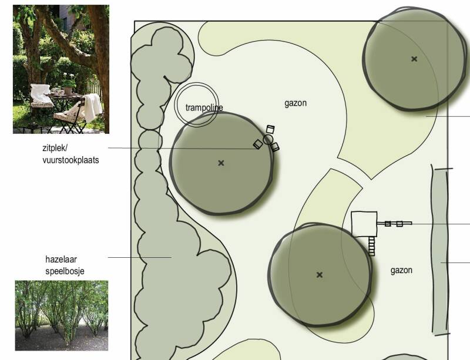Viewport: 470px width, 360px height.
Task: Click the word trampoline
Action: (x=204, y=107)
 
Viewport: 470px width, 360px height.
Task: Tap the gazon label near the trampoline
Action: (x=296, y=103)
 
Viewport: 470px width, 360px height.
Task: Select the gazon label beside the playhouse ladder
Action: (x=401, y=271)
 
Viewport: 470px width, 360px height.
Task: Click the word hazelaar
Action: (x=61, y=260)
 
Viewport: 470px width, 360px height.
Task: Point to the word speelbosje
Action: (x=65, y=271)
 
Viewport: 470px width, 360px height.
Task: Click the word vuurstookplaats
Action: (x=70, y=160)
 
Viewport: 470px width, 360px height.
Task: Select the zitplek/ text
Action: (x=55, y=148)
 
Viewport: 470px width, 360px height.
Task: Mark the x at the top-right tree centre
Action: (x=414, y=59)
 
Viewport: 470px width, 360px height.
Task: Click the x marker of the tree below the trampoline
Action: (x=221, y=163)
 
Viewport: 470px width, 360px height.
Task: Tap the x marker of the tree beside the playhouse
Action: (x=320, y=275)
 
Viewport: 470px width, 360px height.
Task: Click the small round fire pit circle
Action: (x=268, y=139)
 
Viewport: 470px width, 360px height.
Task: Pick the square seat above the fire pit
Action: (x=270, y=129)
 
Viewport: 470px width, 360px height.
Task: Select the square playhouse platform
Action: (x=364, y=224)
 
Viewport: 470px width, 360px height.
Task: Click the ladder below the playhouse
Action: (x=371, y=246)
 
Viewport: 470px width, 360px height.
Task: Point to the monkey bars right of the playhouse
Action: (x=394, y=224)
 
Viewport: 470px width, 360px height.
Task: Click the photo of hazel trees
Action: (x=62, y=315)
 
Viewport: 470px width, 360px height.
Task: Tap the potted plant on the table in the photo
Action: (x=69, y=85)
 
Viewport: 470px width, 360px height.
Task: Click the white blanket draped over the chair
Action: (x=92, y=107)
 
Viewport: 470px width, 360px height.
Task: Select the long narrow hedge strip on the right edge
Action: (x=440, y=251)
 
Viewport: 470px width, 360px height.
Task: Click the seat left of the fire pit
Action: (x=258, y=144)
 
